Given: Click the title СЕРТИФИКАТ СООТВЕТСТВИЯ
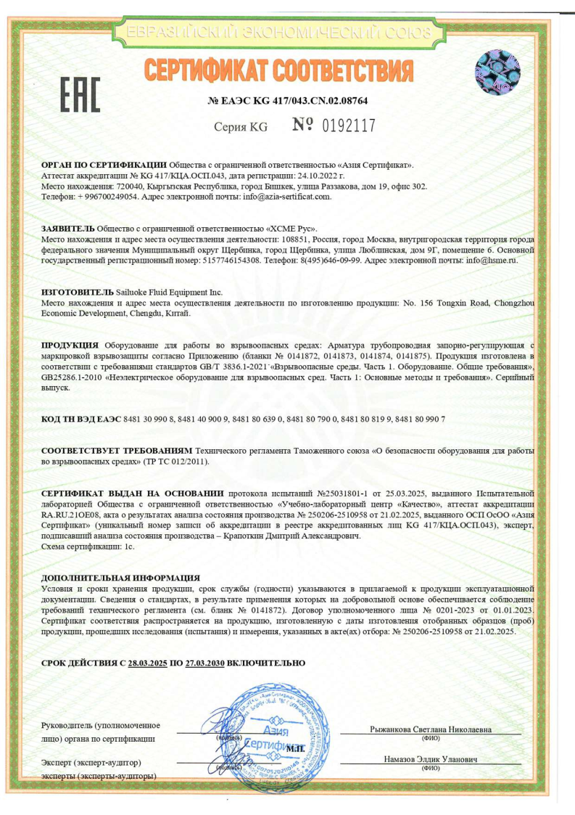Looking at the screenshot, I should (278, 70).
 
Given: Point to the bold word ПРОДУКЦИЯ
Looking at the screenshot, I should (70, 344).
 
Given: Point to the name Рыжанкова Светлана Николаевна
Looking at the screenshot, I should (431, 729).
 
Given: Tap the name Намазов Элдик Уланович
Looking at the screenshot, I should (431, 759).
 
